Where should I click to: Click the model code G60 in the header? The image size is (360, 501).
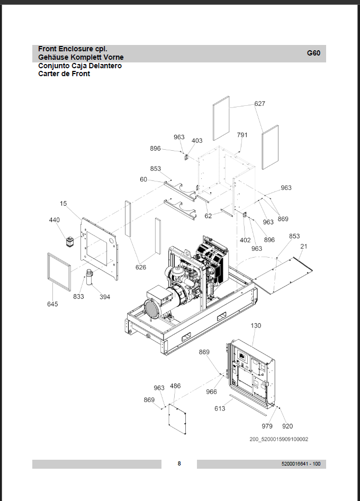[313, 53]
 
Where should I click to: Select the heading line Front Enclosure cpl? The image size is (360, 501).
[73, 49]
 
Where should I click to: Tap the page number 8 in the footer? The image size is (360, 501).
[179, 463]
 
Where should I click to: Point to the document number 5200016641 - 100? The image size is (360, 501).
[301, 463]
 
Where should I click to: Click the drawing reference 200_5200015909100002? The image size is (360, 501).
[279, 439]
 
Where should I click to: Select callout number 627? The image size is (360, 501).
[259, 104]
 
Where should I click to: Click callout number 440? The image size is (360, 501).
[55, 220]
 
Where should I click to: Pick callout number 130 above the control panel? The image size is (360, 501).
[256, 325]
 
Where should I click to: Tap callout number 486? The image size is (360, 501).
[175, 386]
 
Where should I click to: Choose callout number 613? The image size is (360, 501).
[220, 408]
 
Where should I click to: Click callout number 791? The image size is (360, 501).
[242, 135]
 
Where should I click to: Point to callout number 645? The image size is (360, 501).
[53, 304]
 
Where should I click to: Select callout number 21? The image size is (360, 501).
[304, 247]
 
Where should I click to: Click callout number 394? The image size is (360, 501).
[105, 297]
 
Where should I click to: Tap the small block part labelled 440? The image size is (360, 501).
[70, 242]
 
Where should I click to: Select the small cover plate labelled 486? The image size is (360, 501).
[177, 419]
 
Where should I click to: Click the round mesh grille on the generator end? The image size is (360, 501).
[152, 309]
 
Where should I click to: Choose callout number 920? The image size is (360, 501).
[287, 426]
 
